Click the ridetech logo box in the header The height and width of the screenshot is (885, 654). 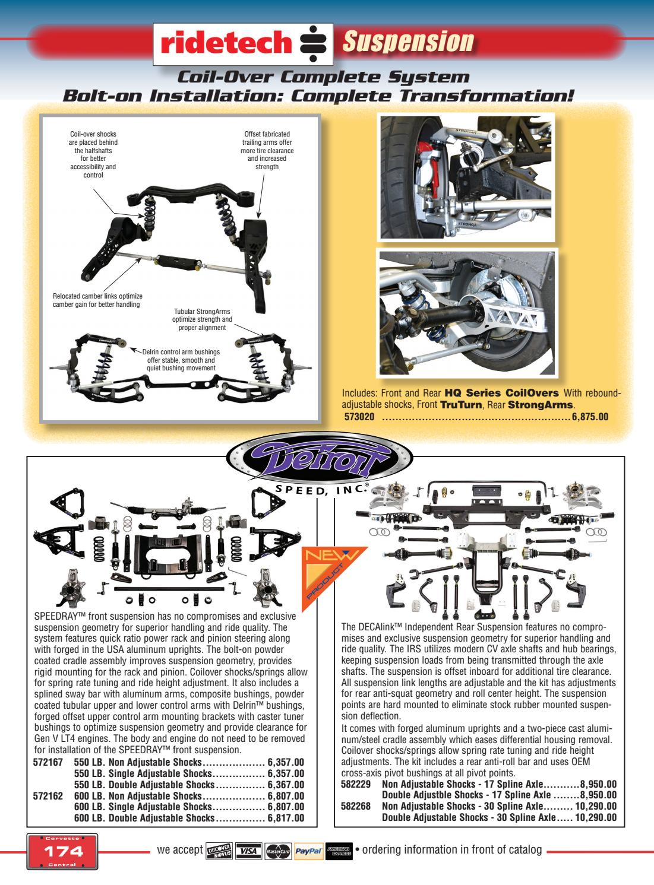[244, 44]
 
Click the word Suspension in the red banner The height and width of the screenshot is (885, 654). [409, 42]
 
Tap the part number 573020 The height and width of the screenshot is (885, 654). [361, 417]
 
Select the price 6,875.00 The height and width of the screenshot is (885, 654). [590, 417]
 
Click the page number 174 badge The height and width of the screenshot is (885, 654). [62, 851]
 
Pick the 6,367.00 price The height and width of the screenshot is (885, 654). [286, 785]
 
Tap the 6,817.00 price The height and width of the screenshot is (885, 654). [286, 817]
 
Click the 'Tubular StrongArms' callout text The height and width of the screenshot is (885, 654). [202, 319]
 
